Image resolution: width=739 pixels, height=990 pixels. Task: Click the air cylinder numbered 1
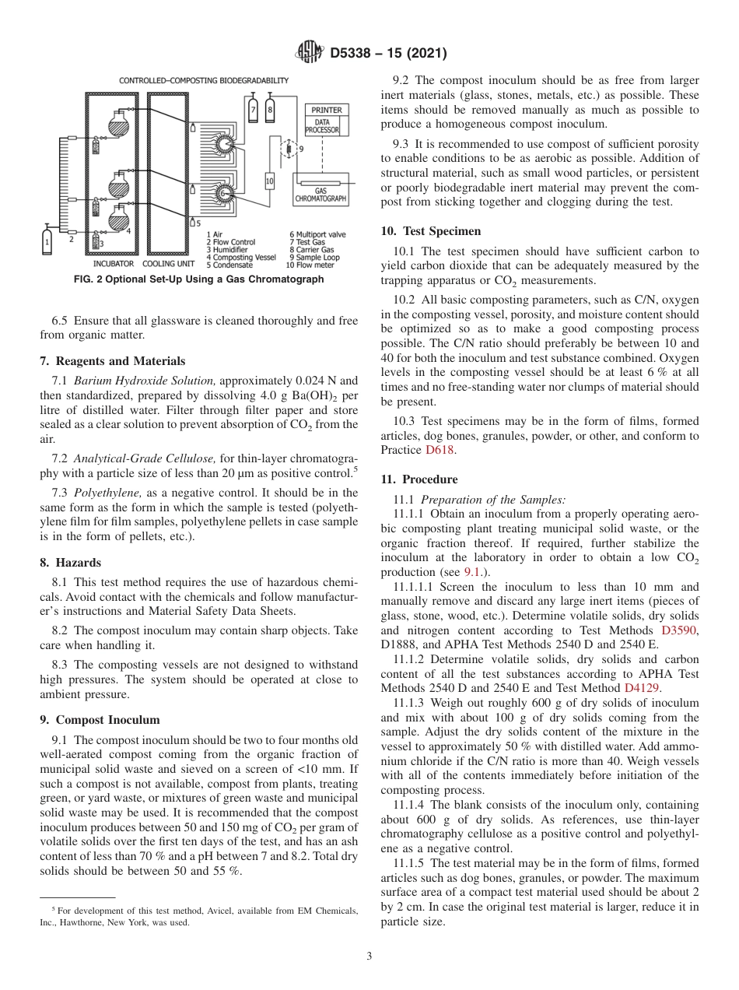(47, 240)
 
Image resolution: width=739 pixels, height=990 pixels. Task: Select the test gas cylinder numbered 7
(253, 110)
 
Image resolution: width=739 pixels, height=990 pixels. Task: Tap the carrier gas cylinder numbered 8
(270, 110)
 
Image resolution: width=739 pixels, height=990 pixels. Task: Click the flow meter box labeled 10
(270, 181)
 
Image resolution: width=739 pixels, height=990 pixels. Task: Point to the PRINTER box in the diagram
(327, 111)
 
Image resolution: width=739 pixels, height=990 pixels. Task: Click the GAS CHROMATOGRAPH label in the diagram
(320, 195)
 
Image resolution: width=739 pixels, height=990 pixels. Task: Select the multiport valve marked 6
(225, 144)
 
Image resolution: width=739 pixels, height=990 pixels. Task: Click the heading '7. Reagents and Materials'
(113, 361)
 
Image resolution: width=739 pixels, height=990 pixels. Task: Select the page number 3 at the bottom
(369, 956)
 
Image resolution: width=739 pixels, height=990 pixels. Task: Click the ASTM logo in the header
(310, 53)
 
